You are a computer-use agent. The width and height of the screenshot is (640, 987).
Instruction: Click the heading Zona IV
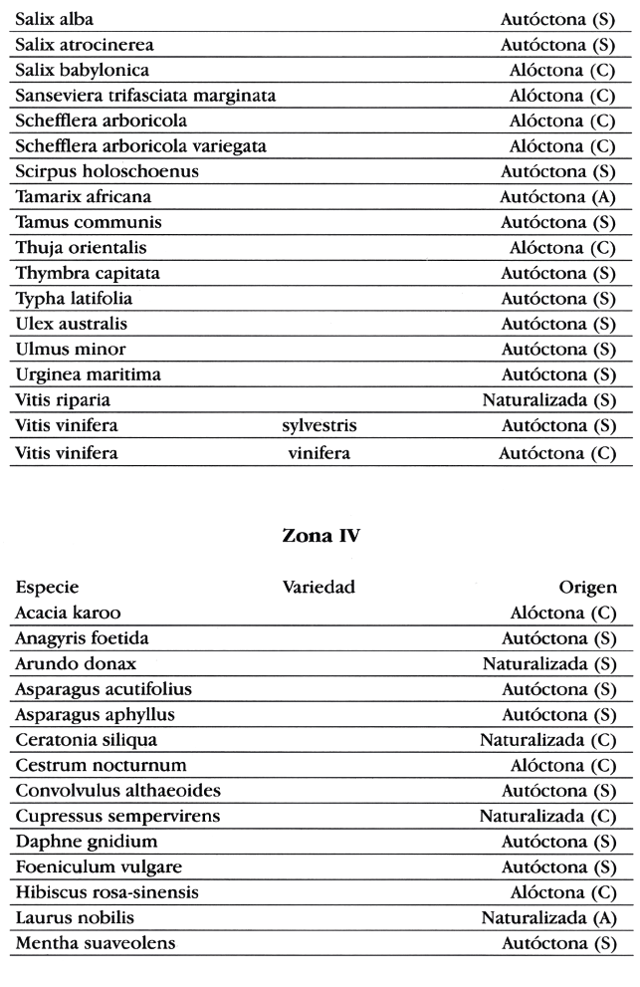tap(320, 536)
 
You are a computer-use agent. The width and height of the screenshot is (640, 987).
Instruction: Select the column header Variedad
tap(319, 587)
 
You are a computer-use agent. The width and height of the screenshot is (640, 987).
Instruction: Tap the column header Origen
tap(588, 587)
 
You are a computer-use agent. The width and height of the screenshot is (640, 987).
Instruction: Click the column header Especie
tap(47, 587)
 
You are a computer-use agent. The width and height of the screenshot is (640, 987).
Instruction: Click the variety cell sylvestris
tap(319, 426)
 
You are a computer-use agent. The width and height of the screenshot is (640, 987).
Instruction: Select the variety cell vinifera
tap(319, 452)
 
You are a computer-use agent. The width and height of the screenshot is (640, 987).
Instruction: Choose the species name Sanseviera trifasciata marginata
tap(145, 96)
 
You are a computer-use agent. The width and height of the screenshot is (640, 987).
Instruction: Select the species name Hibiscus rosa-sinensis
tap(107, 891)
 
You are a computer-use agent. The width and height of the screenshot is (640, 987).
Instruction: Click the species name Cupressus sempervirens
tap(117, 816)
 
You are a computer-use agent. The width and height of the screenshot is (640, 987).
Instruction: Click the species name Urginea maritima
tap(89, 375)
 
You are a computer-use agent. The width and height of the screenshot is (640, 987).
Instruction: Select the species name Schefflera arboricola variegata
tap(141, 146)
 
